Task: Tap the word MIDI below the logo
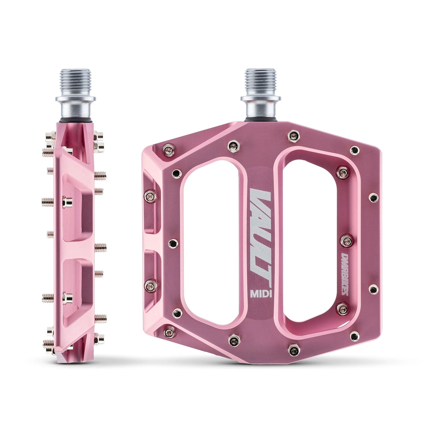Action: pos(261,294)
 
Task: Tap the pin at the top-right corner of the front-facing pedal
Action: pos(355,149)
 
